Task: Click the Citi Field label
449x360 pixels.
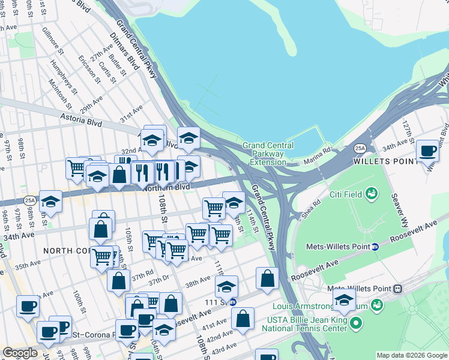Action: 345,194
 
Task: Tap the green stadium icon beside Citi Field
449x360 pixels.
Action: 372,194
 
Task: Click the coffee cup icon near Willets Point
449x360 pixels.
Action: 427,151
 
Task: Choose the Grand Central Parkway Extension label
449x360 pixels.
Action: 268,154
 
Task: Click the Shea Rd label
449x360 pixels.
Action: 312,210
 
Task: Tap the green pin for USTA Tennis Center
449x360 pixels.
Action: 357,325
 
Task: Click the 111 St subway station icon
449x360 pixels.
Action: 234,301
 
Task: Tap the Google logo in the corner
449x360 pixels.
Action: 20,352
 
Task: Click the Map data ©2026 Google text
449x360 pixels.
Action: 412,355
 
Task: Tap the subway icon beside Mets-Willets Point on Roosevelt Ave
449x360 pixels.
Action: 375,246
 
